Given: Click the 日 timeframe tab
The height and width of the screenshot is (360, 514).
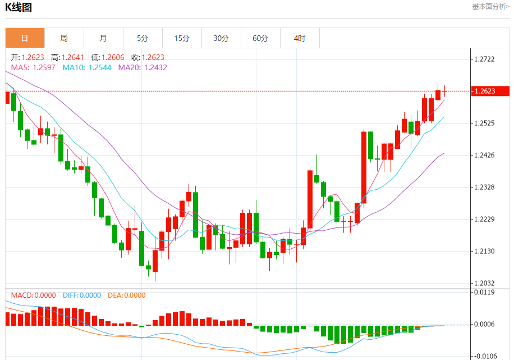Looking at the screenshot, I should [25, 38].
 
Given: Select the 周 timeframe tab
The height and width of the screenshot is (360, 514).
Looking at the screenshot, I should [64, 38].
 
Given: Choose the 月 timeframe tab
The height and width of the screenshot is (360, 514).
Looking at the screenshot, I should [103, 38].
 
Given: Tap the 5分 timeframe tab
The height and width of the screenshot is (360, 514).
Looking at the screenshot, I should [143, 38].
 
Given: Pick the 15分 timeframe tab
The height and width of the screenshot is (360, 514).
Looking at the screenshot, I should [182, 38].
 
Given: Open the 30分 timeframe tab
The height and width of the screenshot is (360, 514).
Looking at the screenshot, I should [221, 38].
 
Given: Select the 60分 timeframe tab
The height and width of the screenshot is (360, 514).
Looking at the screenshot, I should [260, 38].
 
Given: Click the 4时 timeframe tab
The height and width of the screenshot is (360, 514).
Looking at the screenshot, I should [300, 38].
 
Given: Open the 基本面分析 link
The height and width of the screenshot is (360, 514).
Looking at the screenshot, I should [490, 7].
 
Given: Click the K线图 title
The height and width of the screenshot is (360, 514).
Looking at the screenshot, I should [19, 7].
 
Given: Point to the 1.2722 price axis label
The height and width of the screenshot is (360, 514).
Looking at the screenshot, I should [485, 59].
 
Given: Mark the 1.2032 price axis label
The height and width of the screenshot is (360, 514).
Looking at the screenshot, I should [485, 284].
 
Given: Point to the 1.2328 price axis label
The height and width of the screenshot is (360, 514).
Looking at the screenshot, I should [485, 187].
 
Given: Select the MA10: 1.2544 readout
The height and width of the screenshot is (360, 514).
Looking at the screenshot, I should [87, 67].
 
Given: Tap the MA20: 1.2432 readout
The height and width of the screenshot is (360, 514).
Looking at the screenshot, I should [143, 67].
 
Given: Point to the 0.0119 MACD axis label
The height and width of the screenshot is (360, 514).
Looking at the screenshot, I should [485, 292].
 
